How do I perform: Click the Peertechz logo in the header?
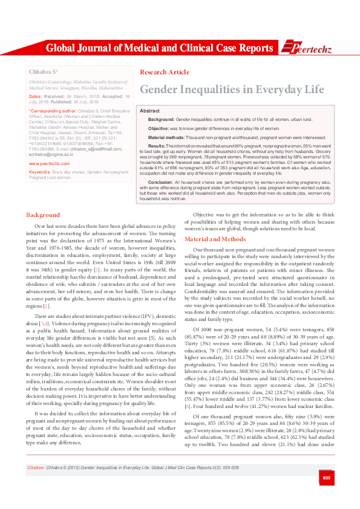point(309,48)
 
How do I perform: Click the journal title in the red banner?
point(159,48)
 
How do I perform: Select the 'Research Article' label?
point(164,73)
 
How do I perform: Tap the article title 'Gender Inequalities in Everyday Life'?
point(232,89)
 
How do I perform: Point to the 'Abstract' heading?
point(149,112)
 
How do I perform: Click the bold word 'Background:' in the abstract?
point(161,120)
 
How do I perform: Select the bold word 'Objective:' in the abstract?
point(159,129)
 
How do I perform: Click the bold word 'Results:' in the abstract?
point(157,146)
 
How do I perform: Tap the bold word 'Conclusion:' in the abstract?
point(160,181)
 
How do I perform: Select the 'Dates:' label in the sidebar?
point(35,97)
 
